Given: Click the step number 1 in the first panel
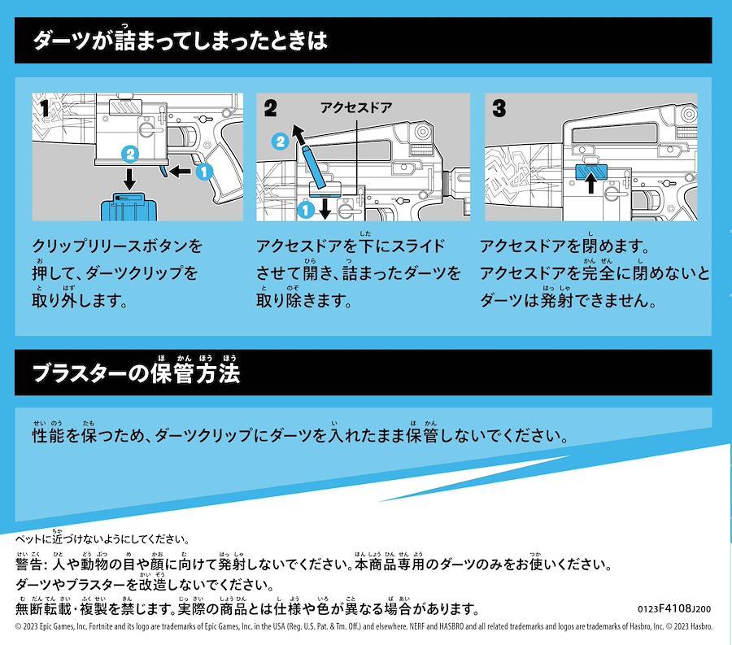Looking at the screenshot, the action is tap(45, 109).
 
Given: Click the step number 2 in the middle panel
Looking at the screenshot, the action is tap(270, 108).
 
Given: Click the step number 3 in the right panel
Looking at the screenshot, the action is tap(499, 108).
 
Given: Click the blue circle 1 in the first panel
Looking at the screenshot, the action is tap(203, 172).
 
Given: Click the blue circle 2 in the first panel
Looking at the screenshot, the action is tap(130, 154).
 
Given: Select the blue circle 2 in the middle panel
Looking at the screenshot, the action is tap(280, 141).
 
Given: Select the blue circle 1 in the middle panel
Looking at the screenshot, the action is tap(306, 210).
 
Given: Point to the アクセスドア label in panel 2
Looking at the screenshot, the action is tap(356, 108).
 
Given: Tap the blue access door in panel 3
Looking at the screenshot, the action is tap(590, 172).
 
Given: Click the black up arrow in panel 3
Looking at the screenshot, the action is tap(591, 182).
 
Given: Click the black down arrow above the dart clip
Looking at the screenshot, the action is tap(130, 178).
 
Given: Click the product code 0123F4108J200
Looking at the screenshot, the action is tap(674, 608).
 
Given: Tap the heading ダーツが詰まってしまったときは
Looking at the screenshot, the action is tap(181, 40).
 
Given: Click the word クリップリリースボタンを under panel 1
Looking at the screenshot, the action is tap(117, 246).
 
